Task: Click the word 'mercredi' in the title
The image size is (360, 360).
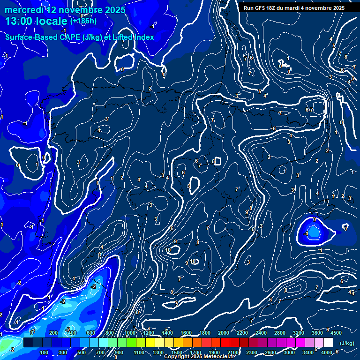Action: [x=24, y=9]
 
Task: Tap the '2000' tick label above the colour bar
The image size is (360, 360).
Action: [x=224, y=333]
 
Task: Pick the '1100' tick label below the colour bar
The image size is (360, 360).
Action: [x=139, y=352]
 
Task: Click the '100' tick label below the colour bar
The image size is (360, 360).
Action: [x=44, y=352]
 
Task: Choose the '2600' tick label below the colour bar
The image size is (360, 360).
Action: [x=270, y=352]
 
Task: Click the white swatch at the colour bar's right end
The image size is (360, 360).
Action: [x=328, y=343]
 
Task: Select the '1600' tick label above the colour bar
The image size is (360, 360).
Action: [x=186, y=333]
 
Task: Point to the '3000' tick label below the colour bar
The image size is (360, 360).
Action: [x=289, y=352]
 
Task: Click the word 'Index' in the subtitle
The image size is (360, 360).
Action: [x=143, y=37]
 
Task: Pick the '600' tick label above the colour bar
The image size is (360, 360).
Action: [x=91, y=333]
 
